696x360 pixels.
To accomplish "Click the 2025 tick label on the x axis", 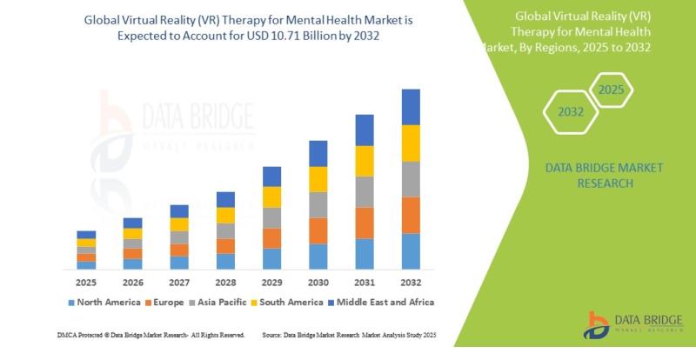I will point(85,283).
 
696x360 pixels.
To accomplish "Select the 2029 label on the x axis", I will point(271,283).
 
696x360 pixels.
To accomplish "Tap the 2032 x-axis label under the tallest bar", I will point(411,283).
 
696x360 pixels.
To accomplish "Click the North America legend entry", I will point(104,302).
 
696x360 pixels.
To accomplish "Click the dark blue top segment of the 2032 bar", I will point(411,107).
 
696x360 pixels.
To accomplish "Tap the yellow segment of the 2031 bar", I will point(365,161).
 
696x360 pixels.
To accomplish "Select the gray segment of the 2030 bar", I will point(318,204).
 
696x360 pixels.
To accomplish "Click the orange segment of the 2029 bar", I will point(271,238).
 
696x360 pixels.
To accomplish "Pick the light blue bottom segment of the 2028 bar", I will point(225,261).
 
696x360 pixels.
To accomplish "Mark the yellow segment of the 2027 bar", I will point(179,224).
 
